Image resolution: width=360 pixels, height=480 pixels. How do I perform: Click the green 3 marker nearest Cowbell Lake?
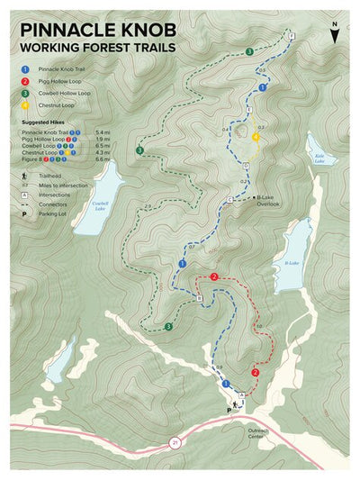[140, 149]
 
